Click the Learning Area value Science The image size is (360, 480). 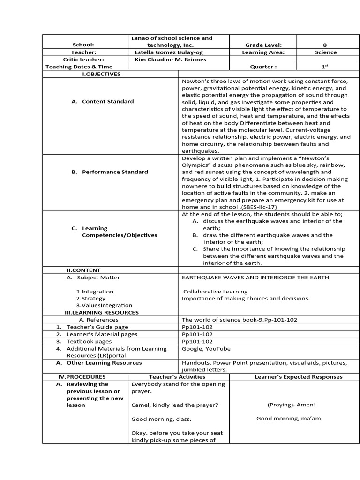(x=325, y=52)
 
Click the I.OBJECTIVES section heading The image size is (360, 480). (x=101, y=74)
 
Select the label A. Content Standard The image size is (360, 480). (x=103, y=101)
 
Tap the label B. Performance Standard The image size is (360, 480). (x=110, y=172)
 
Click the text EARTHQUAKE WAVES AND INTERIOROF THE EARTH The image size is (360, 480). (x=255, y=277)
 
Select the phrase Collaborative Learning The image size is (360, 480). (x=215, y=292)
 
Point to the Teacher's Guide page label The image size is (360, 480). (x=97, y=327)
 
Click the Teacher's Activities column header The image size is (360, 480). (x=177, y=377)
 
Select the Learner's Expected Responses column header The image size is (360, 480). (x=299, y=377)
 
